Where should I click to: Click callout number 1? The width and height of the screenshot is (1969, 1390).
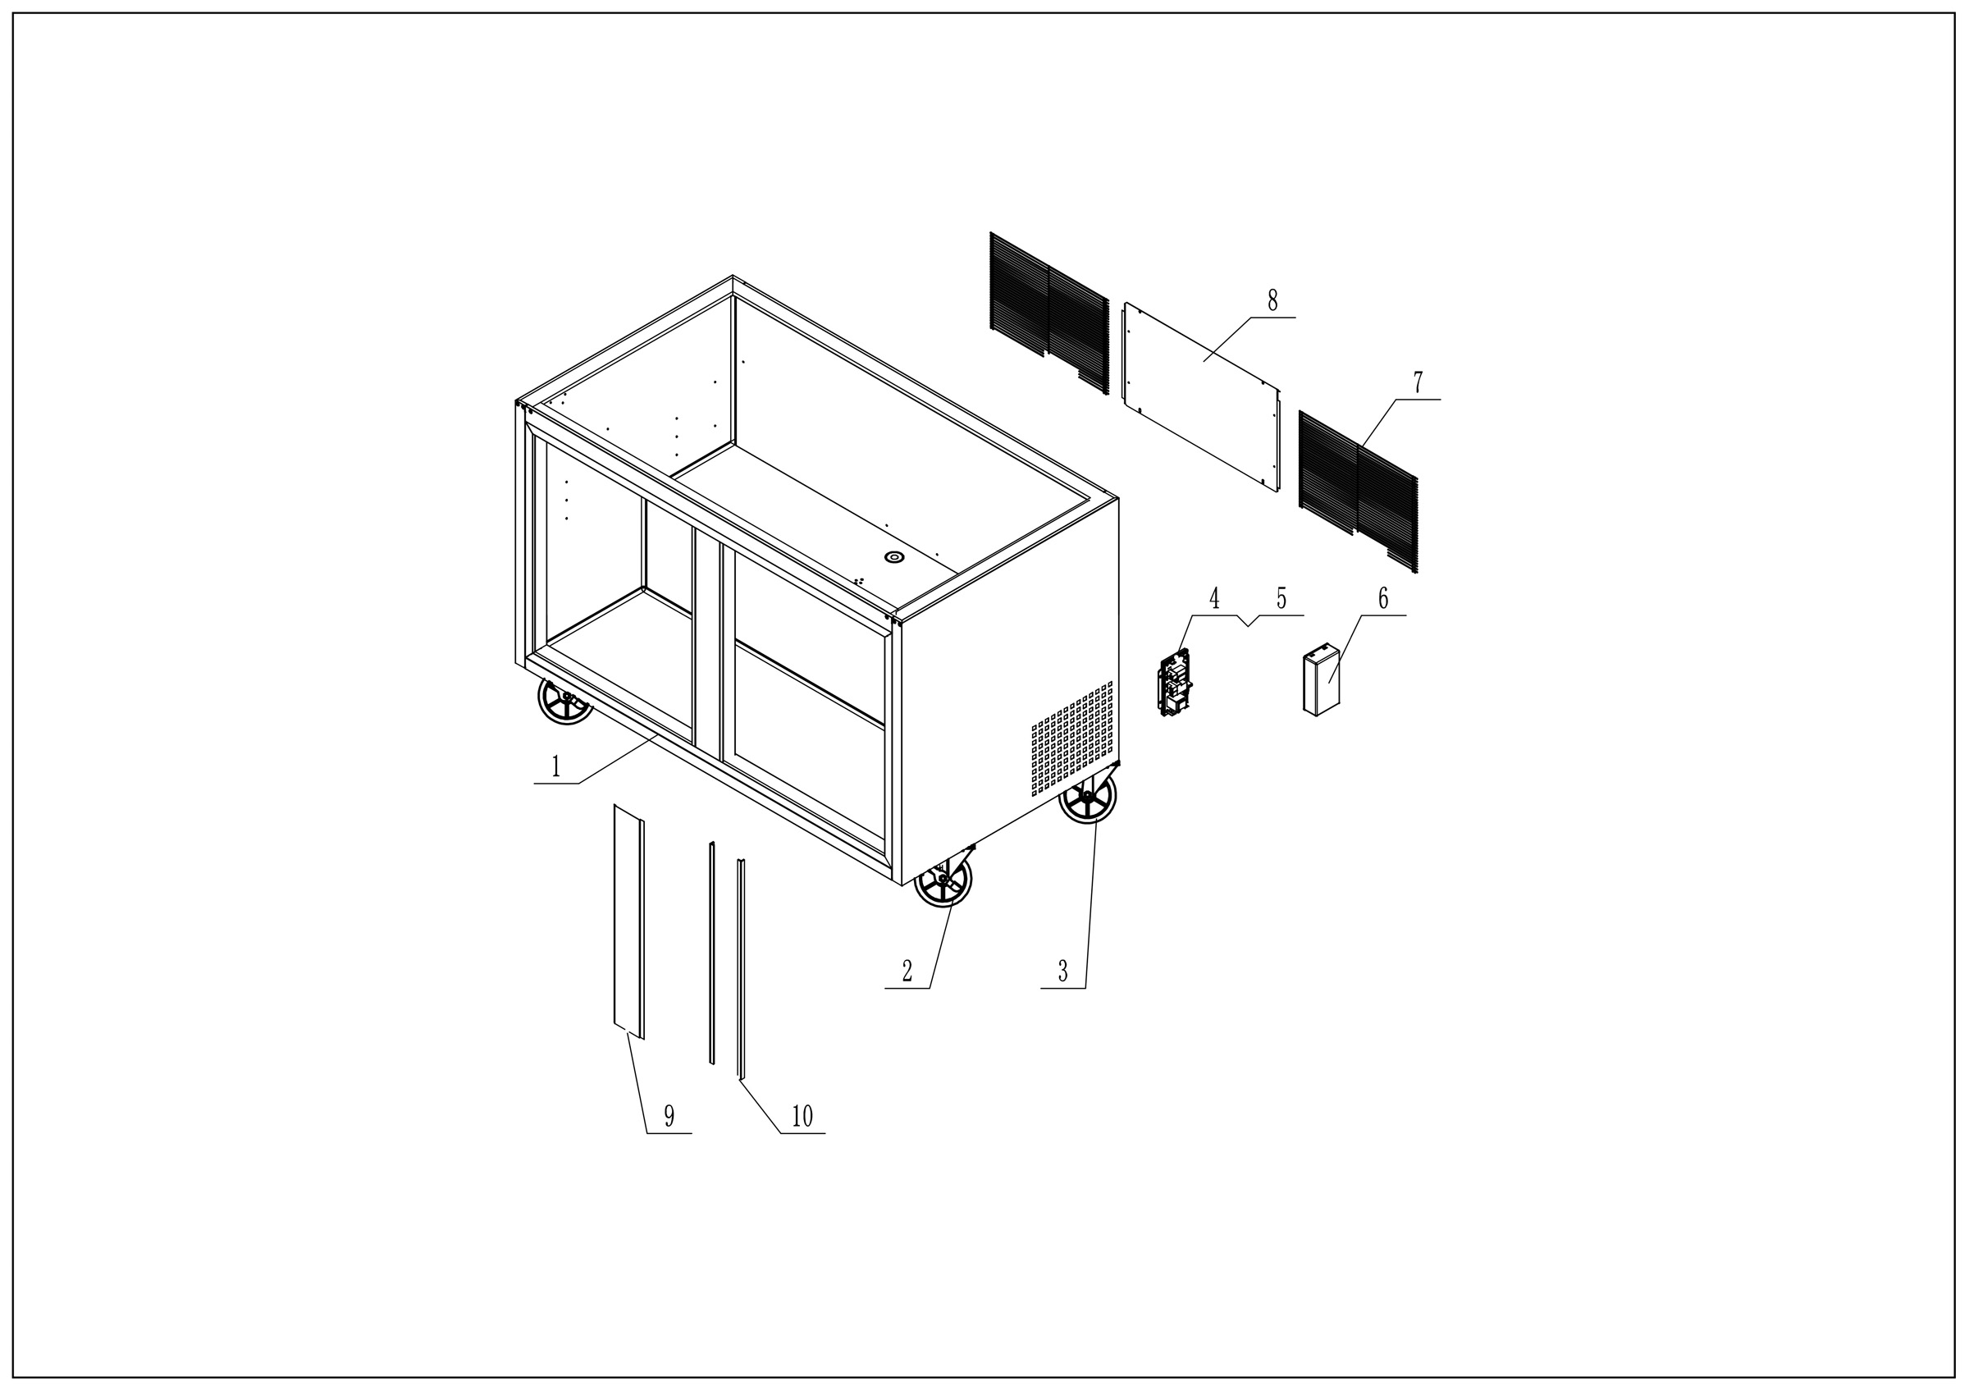point(555,766)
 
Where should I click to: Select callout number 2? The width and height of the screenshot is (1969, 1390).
point(907,972)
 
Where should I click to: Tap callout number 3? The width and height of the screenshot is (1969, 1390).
point(1062,972)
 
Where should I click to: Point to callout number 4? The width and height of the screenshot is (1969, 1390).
point(1214,598)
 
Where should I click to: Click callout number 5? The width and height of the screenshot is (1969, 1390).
point(1281,598)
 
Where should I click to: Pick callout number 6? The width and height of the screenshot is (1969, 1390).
point(1382,598)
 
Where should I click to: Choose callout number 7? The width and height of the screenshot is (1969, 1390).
point(1418,382)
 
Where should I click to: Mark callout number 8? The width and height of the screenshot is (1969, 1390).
point(1272,300)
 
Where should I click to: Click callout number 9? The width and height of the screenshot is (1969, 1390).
point(669,1116)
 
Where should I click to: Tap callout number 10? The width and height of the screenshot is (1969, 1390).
point(802,1116)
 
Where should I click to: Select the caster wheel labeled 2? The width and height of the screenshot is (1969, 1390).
point(943,880)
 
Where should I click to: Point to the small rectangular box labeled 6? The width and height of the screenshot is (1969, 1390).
point(1321,682)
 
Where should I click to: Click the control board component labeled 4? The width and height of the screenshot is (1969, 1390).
point(1175,684)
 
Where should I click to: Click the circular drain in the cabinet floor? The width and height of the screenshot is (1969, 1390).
point(894,557)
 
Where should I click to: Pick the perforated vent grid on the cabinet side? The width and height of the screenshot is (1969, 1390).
point(1072,738)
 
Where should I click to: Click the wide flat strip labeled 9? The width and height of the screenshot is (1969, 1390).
point(628,921)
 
